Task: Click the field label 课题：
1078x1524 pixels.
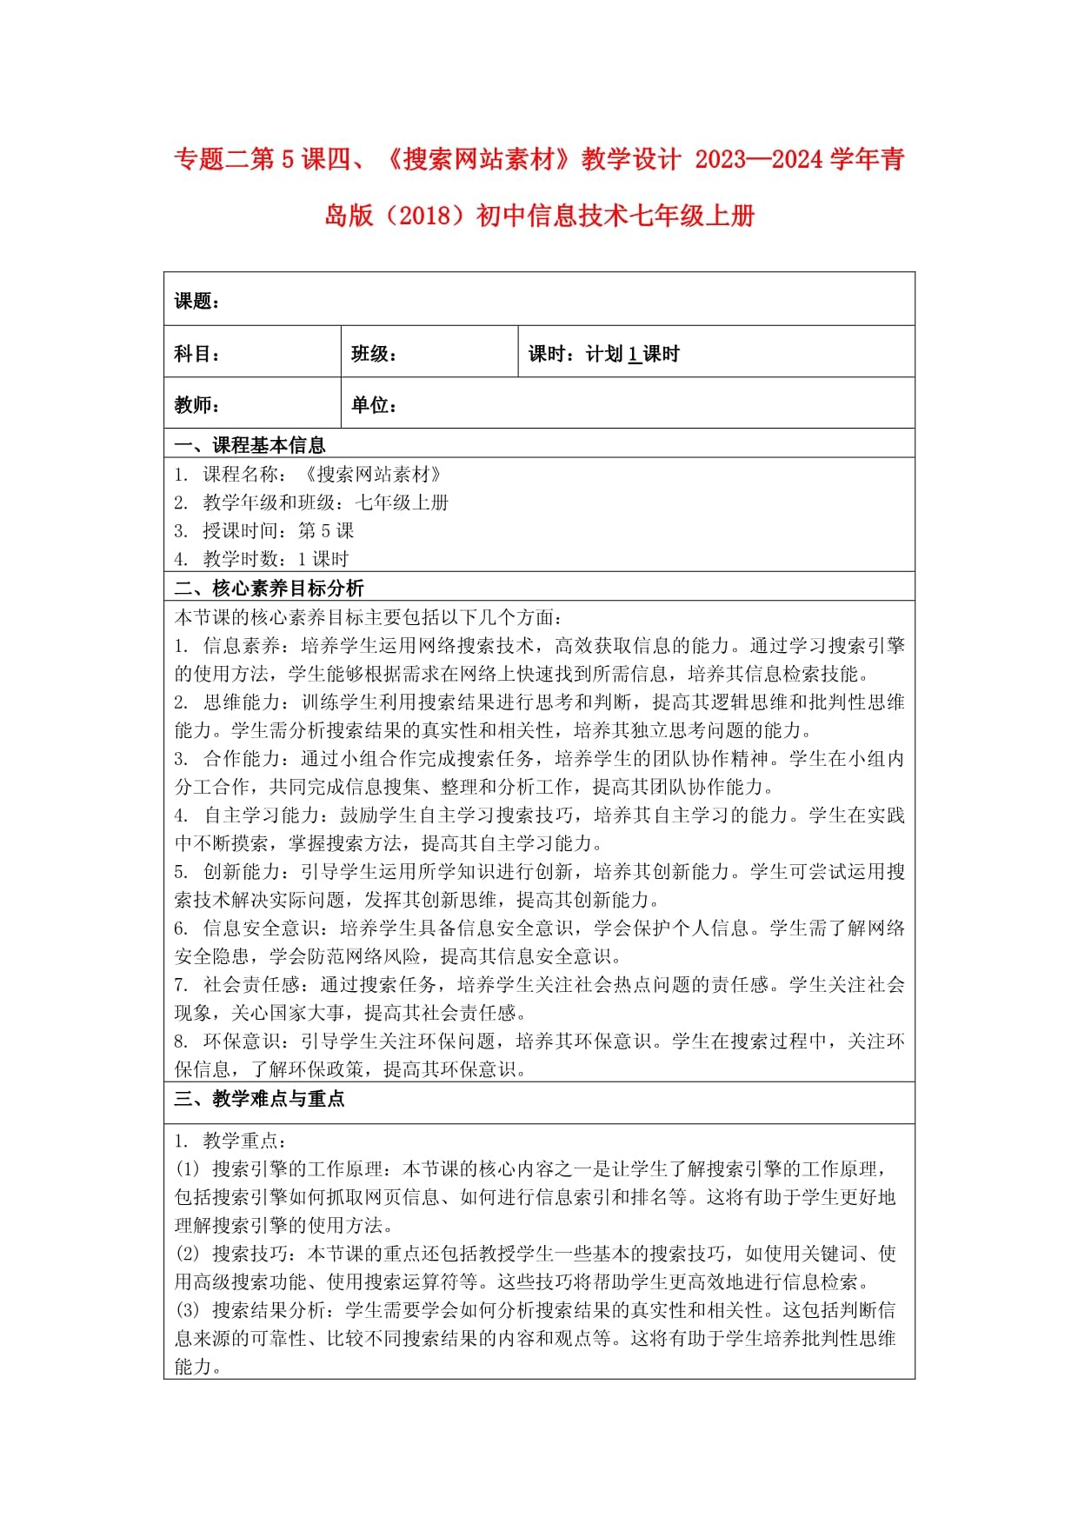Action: (x=196, y=302)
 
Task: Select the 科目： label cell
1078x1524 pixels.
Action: (x=196, y=354)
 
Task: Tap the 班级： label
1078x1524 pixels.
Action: (x=374, y=354)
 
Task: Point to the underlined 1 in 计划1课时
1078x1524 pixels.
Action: (x=634, y=354)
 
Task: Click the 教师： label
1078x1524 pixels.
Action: (x=196, y=405)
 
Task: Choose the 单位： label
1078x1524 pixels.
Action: (x=374, y=405)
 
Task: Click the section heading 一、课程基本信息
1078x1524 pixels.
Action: (x=250, y=446)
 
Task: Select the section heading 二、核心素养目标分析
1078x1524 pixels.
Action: (x=269, y=589)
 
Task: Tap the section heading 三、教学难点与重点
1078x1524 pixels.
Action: (x=259, y=1099)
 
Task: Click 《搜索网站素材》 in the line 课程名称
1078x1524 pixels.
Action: (x=374, y=475)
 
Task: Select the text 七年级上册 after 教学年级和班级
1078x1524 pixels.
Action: (x=402, y=502)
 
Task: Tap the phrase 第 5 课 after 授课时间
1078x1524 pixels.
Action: (x=326, y=531)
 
